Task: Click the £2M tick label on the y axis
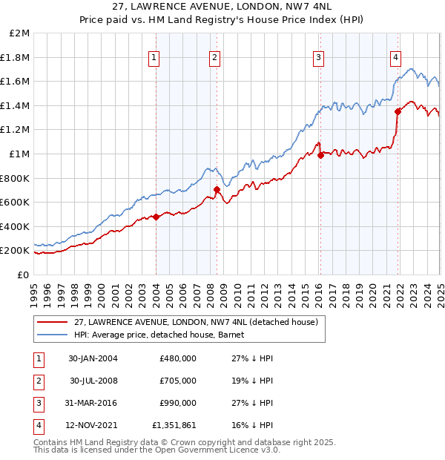click(x=19, y=33)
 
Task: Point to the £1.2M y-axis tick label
click(x=16, y=130)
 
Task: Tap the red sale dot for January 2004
click(x=156, y=217)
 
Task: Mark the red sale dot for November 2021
click(x=398, y=111)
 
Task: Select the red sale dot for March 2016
click(x=320, y=155)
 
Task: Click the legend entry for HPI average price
click(x=163, y=335)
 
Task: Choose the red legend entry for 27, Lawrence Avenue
click(x=196, y=322)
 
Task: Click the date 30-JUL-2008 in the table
click(x=93, y=381)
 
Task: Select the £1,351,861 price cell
click(x=174, y=425)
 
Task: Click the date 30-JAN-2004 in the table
click(x=93, y=358)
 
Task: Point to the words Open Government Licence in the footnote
click(x=217, y=450)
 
